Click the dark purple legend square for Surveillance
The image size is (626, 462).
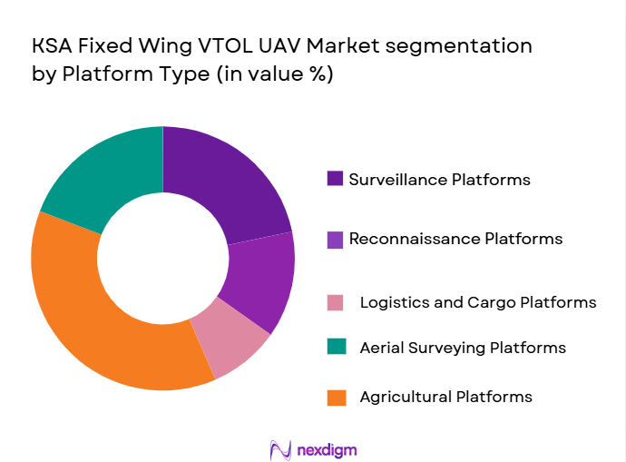click(x=336, y=179)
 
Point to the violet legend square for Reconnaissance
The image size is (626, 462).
click(x=336, y=240)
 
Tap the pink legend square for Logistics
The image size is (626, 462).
click(x=336, y=302)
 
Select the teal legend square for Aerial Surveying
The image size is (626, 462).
click(x=336, y=348)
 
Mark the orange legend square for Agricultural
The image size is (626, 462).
click(x=336, y=397)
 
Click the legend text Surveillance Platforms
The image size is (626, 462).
click(x=439, y=179)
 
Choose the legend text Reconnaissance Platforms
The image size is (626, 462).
click(x=455, y=240)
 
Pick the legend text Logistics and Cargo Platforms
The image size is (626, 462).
click(x=477, y=302)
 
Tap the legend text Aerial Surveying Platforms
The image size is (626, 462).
click(x=463, y=348)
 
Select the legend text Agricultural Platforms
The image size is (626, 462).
click(x=445, y=397)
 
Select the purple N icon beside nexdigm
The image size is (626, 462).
click(x=280, y=449)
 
